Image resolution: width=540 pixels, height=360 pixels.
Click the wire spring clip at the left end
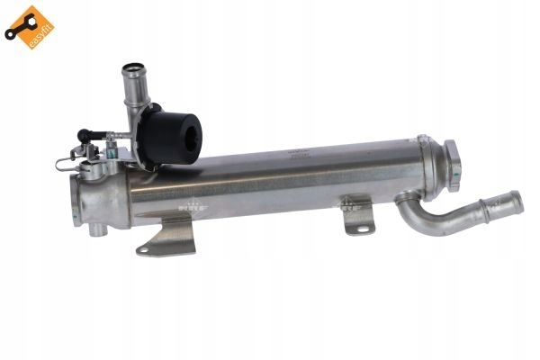[x=62, y=161]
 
